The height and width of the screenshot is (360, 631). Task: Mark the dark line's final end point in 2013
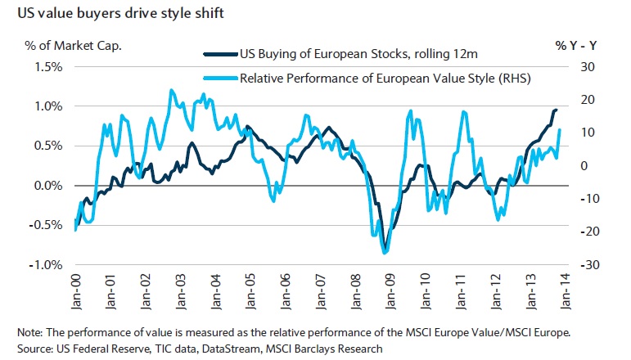pos(557,110)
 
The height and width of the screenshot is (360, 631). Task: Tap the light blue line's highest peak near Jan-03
pos(171,90)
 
